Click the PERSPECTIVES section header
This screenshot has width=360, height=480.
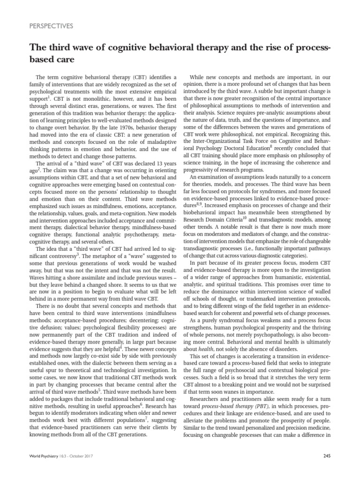pyautogui.click(x=51, y=26)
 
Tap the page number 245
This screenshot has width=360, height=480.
pyautogui.click(x=327, y=455)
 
